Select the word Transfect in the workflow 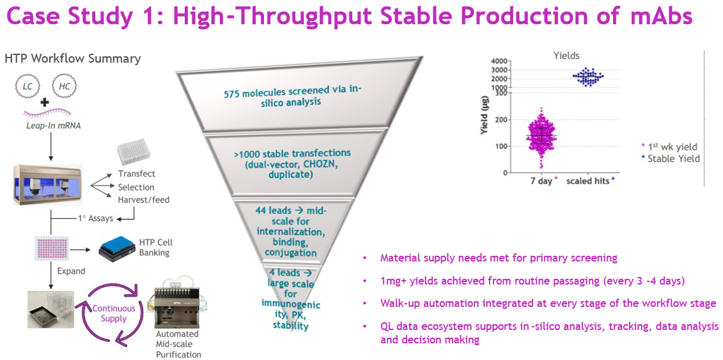tap(137, 174)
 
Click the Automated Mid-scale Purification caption tap(178, 344)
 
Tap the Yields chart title tap(566, 56)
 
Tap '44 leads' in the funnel tap(274, 212)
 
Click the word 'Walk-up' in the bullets tap(397, 303)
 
